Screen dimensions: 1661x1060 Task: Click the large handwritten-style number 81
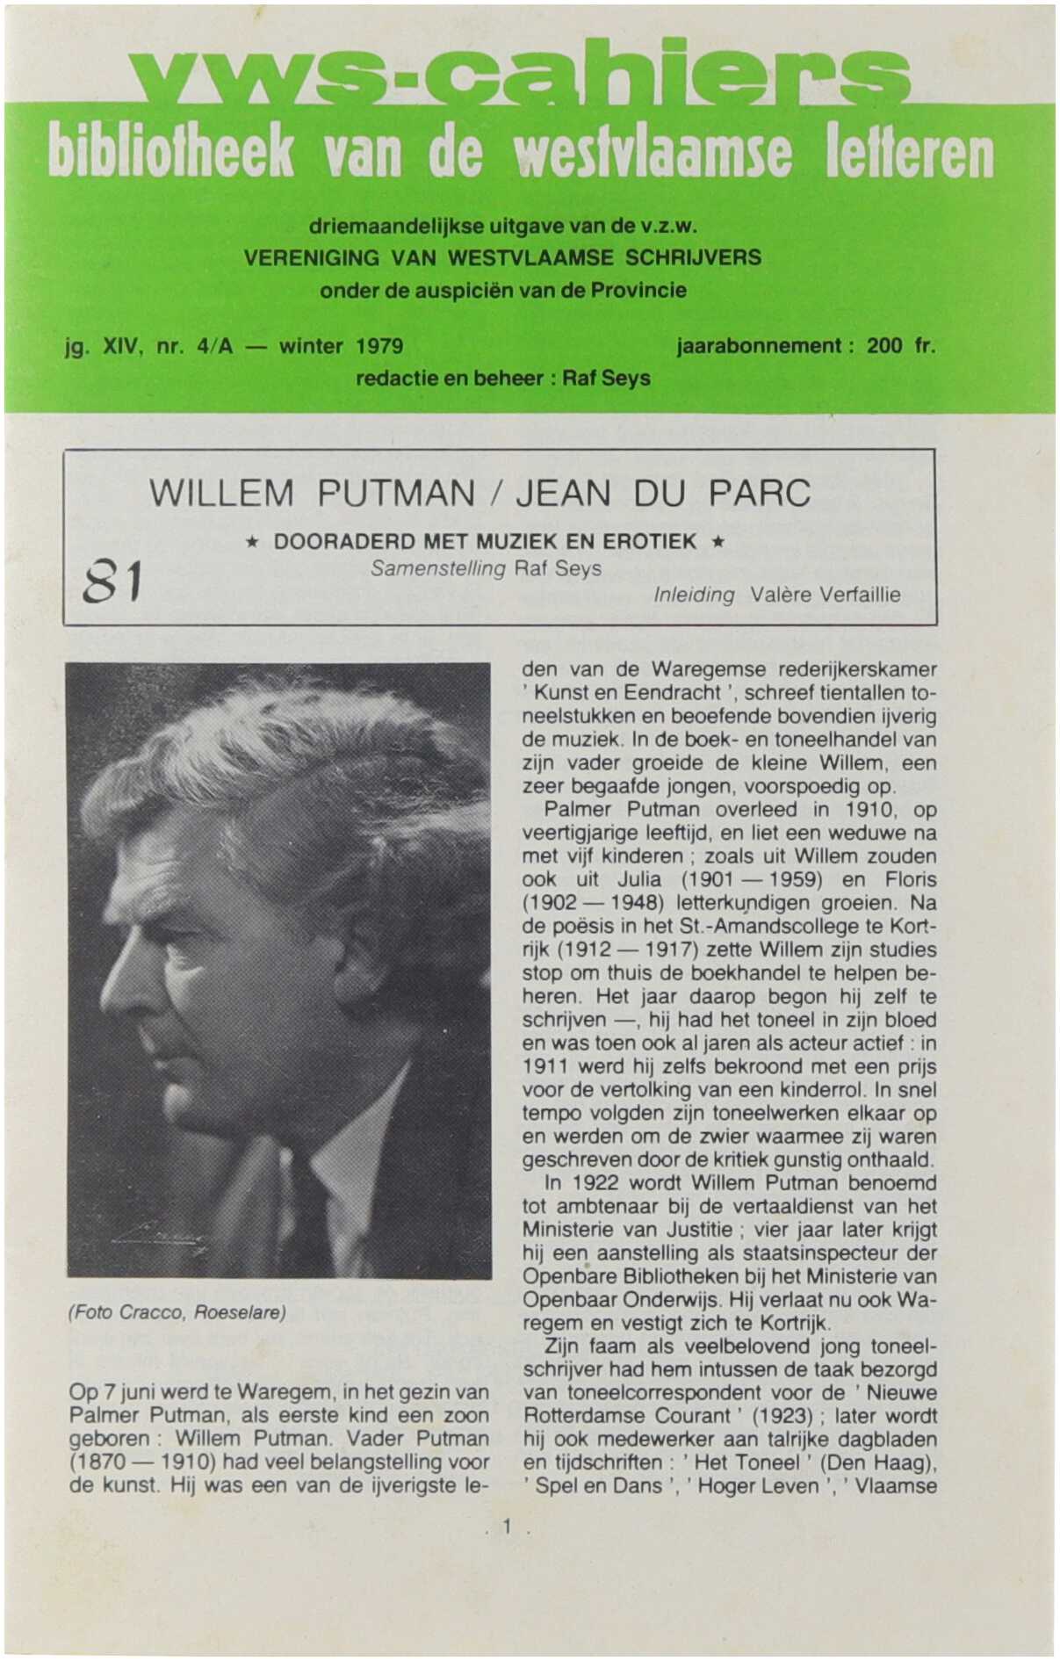pos(112,582)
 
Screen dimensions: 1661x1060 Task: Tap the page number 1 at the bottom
pos(507,1527)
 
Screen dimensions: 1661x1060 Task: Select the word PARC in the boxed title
pos(760,494)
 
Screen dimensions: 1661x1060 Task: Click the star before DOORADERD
pos(251,542)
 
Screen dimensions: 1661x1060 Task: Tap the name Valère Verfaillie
pos(826,595)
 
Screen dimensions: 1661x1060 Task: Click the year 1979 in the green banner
pos(379,346)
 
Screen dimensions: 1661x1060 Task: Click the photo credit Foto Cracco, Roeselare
pos(177,1313)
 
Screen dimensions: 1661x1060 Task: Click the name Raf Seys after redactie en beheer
pos(606,379)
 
